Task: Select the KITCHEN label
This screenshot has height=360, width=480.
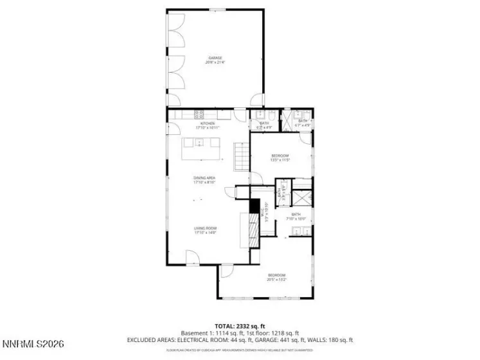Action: [x=207, y=123]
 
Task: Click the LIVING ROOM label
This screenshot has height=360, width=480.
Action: [x=206, y=228]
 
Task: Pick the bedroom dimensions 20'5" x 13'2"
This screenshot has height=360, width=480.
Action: [x=277, y=280]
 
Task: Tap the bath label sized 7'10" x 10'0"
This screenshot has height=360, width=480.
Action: [x=296, y=217]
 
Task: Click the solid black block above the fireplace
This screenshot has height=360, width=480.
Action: [x=254, y=206]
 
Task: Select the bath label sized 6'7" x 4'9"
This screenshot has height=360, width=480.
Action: [x=302, y=122]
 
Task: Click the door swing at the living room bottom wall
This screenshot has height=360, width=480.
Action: [x=193, y=260]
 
